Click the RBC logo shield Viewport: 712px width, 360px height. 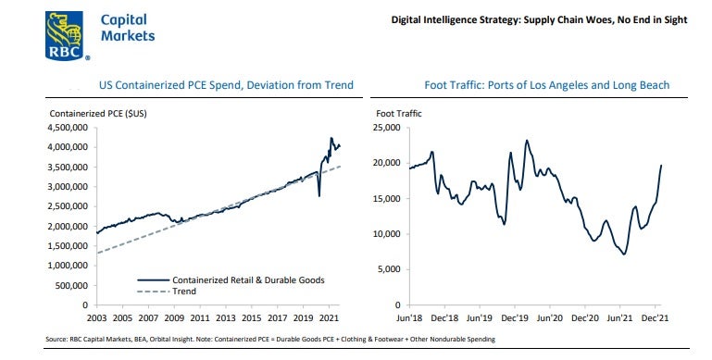pyautogui.click(x=65, y=36)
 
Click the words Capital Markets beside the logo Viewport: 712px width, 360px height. pyautogui.click(x=128, y=28)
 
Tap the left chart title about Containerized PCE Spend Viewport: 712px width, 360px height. pyautogui.click(x=226, y=85)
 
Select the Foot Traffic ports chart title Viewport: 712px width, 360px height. pyautogui.click(x=546, y=85)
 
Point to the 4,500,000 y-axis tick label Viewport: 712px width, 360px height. pyautogui.click(x=68, y=128)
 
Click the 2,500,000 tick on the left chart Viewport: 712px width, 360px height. pyautogui.click(x=68, y=206)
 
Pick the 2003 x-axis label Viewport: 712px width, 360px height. pyautogui.click(x=96, y=317)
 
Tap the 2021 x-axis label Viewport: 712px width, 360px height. pyautogui.click(x=329, y=317)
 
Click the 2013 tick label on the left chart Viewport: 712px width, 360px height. pyautogui.click(x=226, y=317)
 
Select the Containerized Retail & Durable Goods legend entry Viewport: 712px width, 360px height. pyautogui.click(x=231, y=280)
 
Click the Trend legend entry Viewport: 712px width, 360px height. pyautogui.click(x=167, y=292)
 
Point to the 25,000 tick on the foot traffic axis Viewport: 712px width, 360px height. pyautogui.click(x=386, y=128)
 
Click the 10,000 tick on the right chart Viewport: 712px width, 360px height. pyautogui.click(x=386, y=234)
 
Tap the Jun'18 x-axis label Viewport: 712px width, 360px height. pyautogui.click(x=409, y=317)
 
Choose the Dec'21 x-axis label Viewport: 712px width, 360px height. pyautogui.click(x=655, y=317)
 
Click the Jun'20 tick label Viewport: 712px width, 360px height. pyautogui.click(x=549, y=317)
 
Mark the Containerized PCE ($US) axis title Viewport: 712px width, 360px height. pyautogui.click(x=98, y=114)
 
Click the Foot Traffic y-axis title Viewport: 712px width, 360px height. pyautogui.click(x=399, y=114)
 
